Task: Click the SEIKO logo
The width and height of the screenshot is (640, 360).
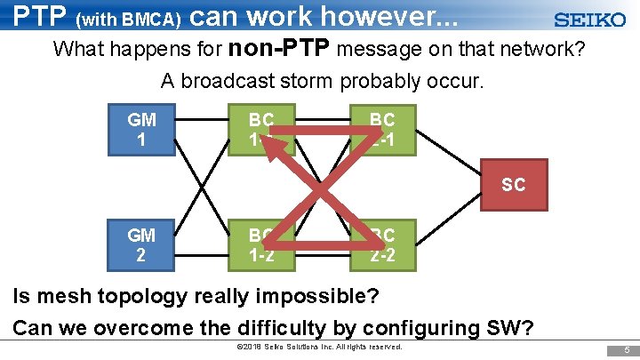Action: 589,20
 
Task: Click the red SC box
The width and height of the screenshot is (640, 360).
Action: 513,186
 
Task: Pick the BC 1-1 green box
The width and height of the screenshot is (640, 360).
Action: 260,129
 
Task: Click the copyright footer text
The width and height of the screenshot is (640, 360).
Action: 320,347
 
